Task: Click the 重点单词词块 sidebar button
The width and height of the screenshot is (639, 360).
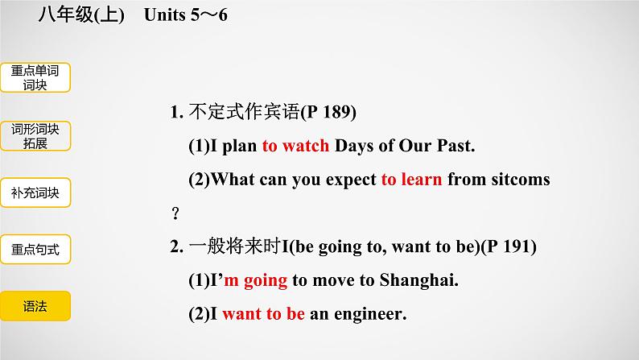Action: pyautogui.click(x=35, y=77)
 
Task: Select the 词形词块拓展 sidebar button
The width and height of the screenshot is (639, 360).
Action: pyautogui.click(x=35, y=136)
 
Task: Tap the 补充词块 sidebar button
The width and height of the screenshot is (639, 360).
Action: pyautogui.click(x=35, y=192)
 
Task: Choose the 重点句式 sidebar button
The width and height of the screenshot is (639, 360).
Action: pyautogui.click(x=35, y=249)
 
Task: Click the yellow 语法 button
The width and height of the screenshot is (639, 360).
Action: pyautogui.click(x=35, y=306)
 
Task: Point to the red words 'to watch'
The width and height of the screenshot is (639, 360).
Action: pyautogui.click(x=295, y=146)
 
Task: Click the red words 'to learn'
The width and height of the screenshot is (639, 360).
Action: pyautogui.click(x=411, y=180)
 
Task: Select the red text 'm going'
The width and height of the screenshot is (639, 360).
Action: pyautogui.click(x=255, y=281)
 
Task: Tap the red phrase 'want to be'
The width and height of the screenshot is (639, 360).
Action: pyautogui.click(x=264, y=314)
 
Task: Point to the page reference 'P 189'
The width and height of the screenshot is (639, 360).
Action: pyautogui.click(x=328, y=112)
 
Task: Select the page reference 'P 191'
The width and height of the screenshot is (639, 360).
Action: pyautogui.click(x=509, y=246)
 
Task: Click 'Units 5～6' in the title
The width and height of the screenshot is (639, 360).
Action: pyautogui.click(x=186, y=15)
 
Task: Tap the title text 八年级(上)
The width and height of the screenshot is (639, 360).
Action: pyautogui.click(x=81, y=15)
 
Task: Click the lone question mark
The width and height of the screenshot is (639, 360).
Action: pyautogui.click(x=175, y=213)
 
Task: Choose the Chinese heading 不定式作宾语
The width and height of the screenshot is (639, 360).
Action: pyautogui.click(x=244, y=112)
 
